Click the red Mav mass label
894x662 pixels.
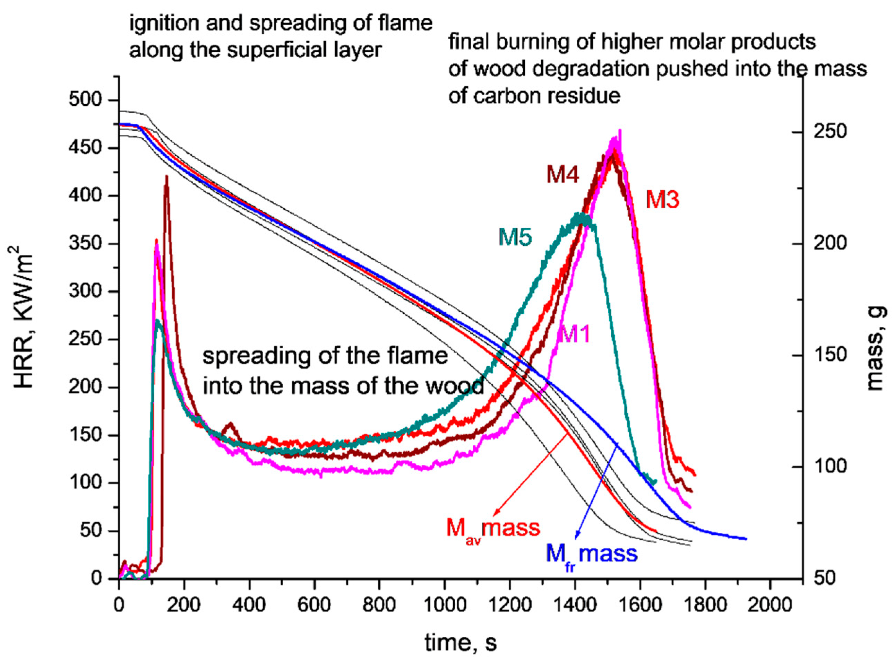(x=493, y=528)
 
